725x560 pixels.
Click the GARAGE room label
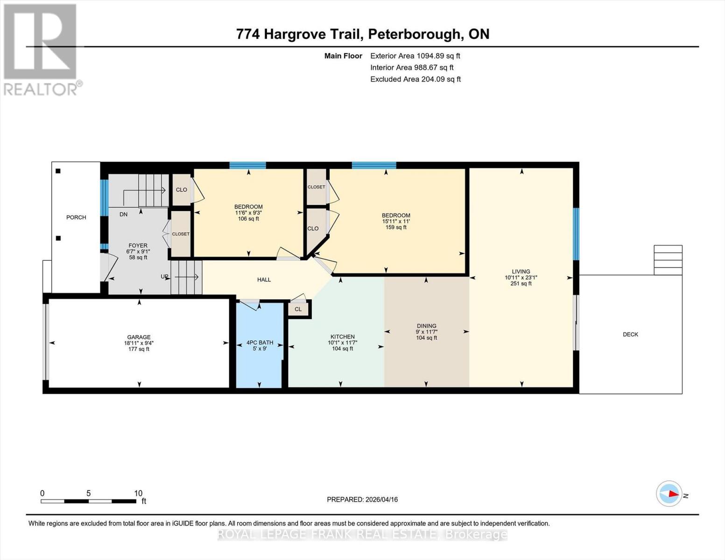pyautogui.click(x=139, y=337)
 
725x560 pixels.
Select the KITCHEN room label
pyautogui.click(x=343, y=336)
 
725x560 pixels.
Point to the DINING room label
pyautogui.click(x=426, y=326)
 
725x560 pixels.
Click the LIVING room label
pyautogui.click(x=521, y=271)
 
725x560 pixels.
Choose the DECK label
pyautogui.click(x=630, y=334)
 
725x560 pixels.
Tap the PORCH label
pyautogui.click(x=76, y=217)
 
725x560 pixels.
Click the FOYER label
pyautogui.click(x=138, y=245)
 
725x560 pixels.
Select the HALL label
pyautogui.click(x=264, y=280)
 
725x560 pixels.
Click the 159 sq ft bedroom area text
pyautogui.click(x=396, y=228)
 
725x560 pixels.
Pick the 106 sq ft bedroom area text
pyautogui.click(x=248, y=219)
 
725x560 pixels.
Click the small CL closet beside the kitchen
pyautogui.click(x=298, y=309)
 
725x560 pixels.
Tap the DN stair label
pyautogui.click(x=123, y=214)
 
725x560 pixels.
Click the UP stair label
pyautogui.click(x=164, y=276)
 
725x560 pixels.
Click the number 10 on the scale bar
pyautogui.click(x=138, y=493)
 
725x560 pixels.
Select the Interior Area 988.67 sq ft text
pyautogui.click(x=412, y=67)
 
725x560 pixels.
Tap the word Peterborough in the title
pyautogui.click(x=414, y=34)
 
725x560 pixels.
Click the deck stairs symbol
pyautogui.click(x=668, y=260)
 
